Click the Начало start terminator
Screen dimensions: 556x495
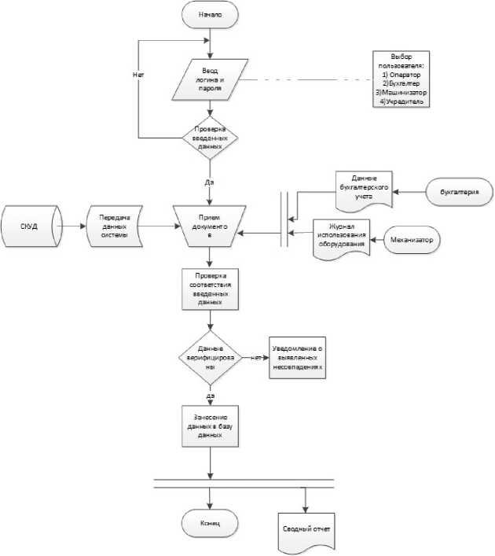(209, 14)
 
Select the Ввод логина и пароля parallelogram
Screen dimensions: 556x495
(210, 79)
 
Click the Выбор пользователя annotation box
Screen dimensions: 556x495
(401, 79)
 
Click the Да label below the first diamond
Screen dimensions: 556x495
(210, 181)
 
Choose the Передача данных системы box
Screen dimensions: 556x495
(112, 226)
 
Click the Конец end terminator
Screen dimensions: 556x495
(210, 521)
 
